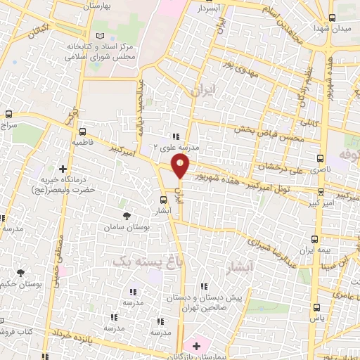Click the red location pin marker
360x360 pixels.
tap(181, 167)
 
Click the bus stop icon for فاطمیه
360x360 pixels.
tap(83, 131)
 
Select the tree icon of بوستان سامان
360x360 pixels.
tap(127, 217)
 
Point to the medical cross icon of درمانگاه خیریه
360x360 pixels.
tap(63, 169)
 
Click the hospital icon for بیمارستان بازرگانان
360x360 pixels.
tap(195, 346)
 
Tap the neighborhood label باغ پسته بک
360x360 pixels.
tap(122, 261)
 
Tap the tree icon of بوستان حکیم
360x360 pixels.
tap(22, 272)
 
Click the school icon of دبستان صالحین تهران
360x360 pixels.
tap(203, 287)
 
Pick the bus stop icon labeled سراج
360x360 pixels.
tap(8, 114)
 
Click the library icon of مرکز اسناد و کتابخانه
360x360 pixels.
tap(99, 36)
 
